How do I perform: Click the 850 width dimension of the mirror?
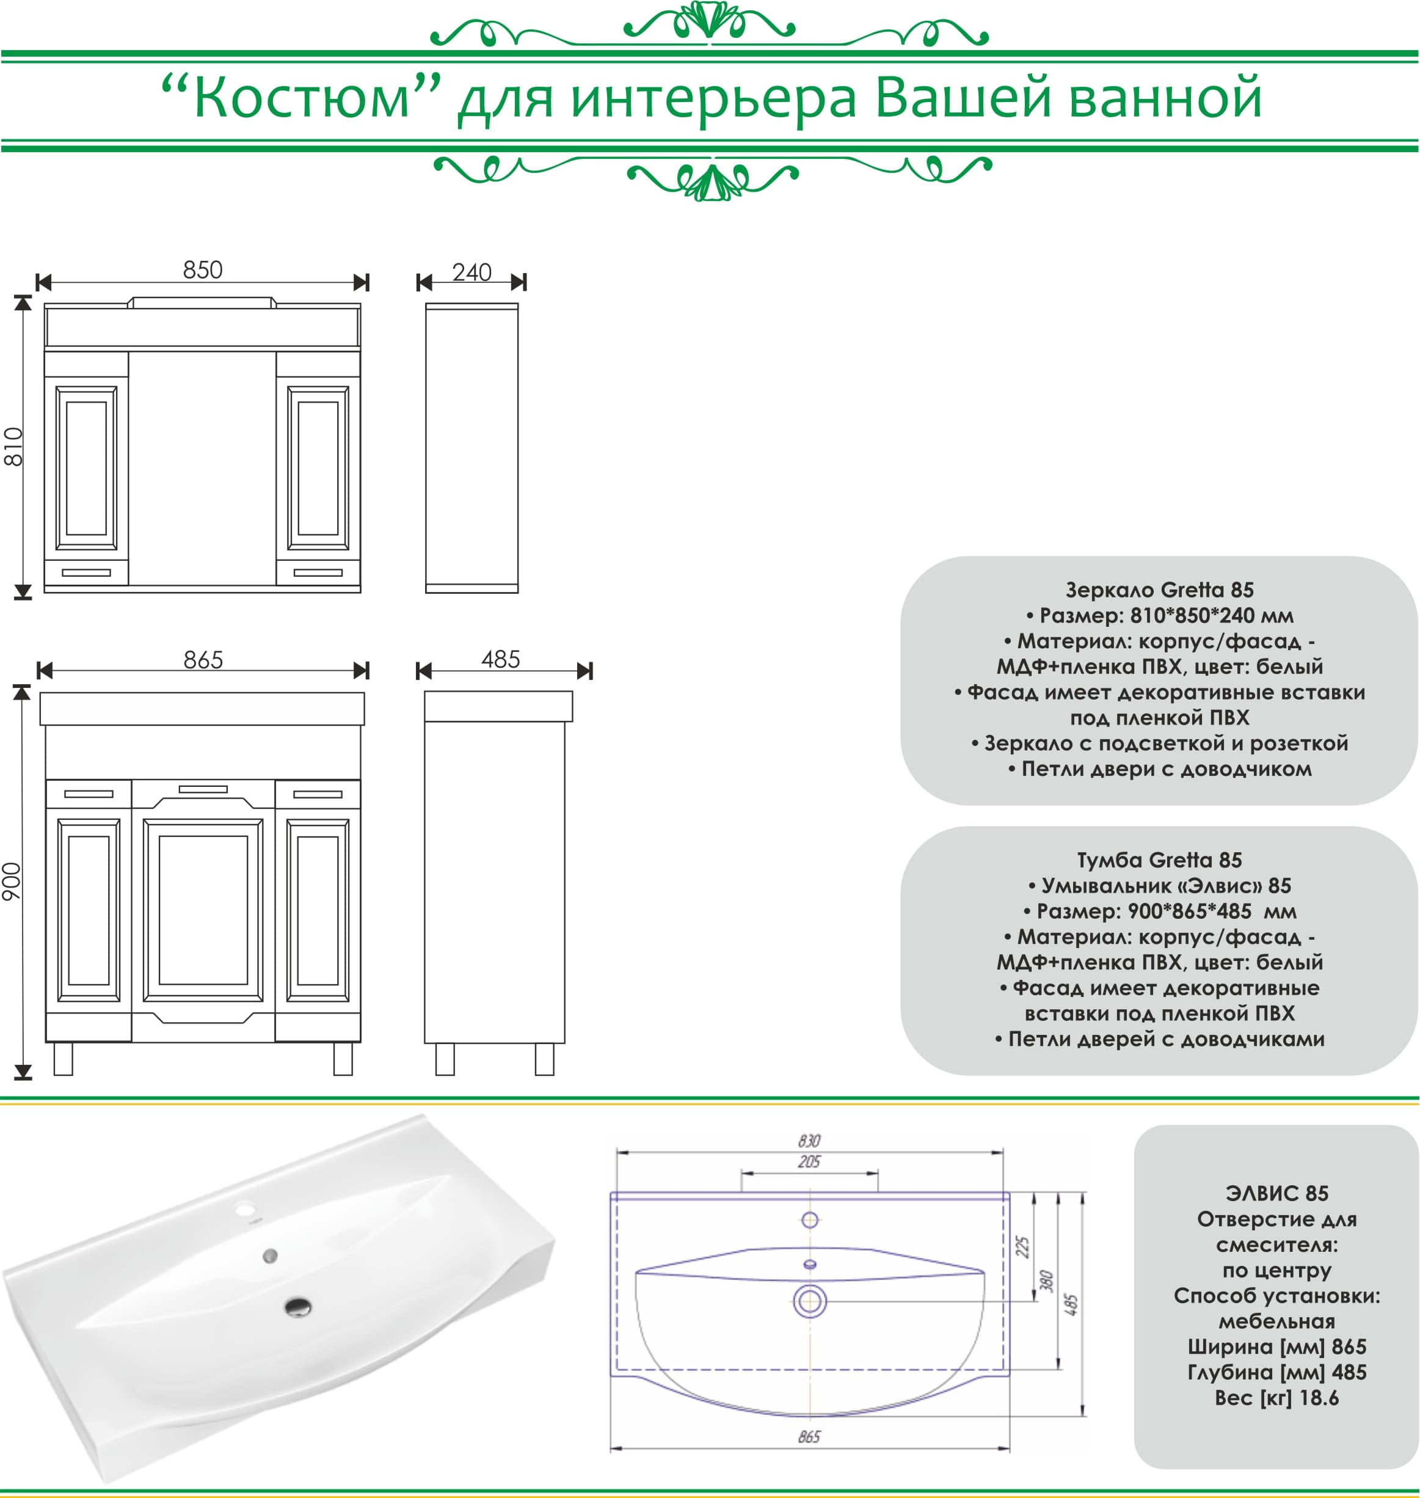[203, 270]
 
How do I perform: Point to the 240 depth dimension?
[472, 272]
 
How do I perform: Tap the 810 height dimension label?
[13, 447]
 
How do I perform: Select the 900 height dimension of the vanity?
[12, 881]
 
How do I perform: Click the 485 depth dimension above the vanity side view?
[500, 659]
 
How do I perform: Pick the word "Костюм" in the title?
[301, 98]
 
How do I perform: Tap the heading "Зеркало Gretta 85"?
[1160, 590]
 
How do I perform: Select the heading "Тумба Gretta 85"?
[1160, 860]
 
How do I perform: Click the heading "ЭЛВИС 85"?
[1277, 1194]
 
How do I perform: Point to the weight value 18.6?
[1319, 1398]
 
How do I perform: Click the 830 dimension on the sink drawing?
[809, 1141]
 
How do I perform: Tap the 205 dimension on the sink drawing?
[809, 1162]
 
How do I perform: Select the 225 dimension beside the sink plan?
[1022, 1247]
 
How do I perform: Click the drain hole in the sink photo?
[298, 1307]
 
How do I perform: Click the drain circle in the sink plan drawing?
[810, 1301]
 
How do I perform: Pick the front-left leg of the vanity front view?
[64, 1058]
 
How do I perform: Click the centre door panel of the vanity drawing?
[203, 910]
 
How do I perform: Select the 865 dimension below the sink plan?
[809, 1437]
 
